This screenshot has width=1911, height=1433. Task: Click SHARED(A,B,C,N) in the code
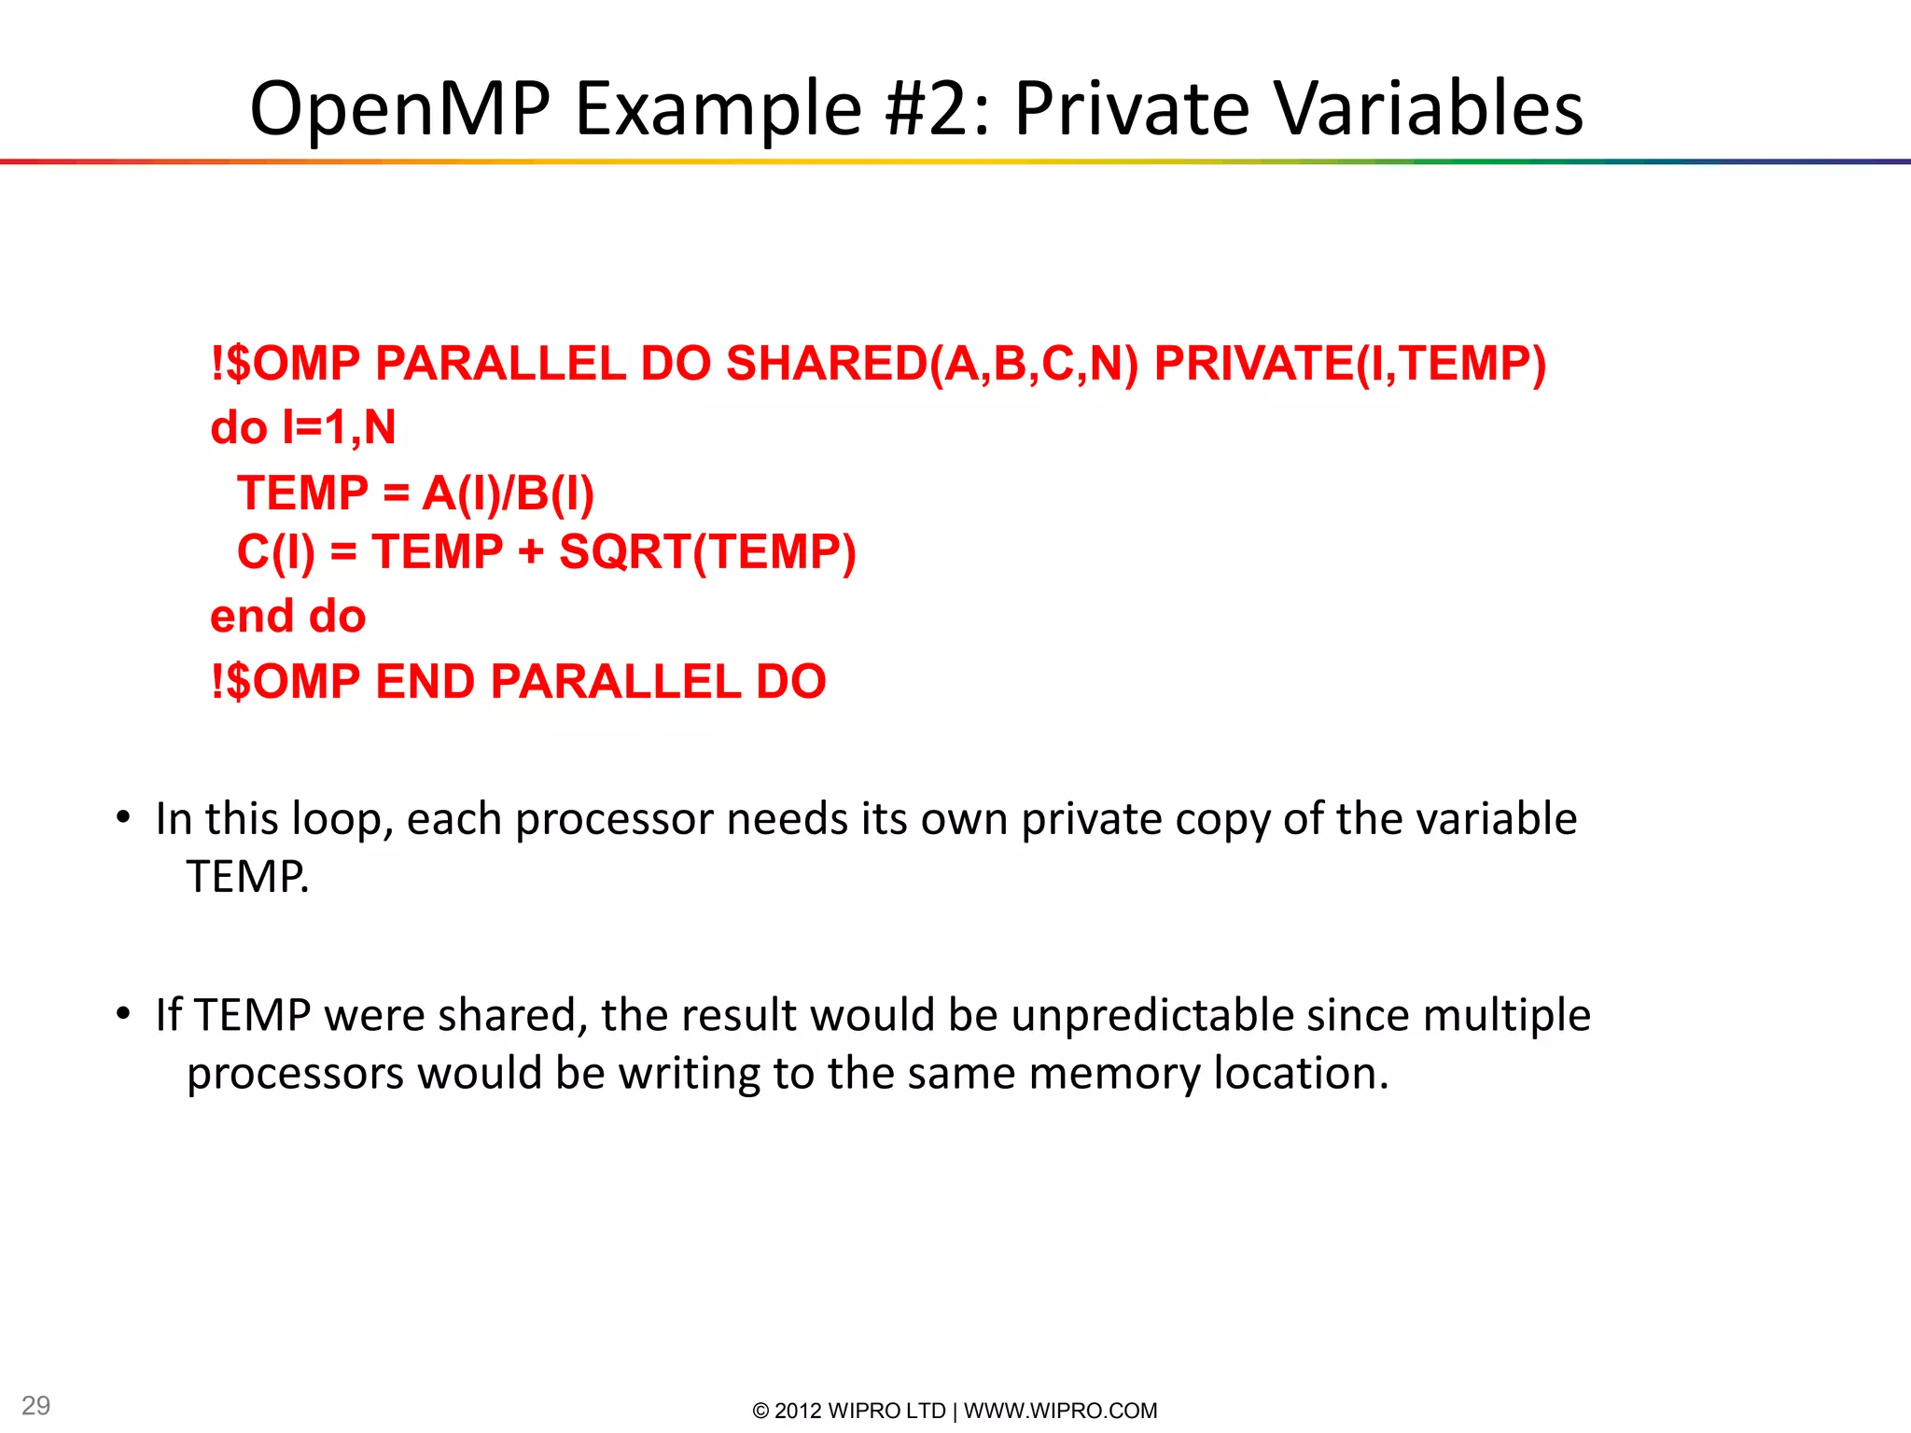932,364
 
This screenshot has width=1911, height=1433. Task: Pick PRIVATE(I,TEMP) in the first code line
1350,364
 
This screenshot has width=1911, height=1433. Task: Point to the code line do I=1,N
303,428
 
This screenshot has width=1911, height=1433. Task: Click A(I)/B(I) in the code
508,494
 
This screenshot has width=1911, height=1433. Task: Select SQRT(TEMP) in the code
707,552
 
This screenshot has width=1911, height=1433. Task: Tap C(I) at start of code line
276,552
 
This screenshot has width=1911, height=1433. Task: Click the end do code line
287,617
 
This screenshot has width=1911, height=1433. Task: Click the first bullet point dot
123,818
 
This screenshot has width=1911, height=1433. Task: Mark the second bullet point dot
123,1014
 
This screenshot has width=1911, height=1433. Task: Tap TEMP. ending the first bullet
247,877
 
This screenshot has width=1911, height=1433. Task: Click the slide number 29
35,1405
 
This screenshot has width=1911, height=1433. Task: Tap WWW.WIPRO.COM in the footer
1060,1411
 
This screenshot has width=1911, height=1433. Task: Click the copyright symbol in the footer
760,1411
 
